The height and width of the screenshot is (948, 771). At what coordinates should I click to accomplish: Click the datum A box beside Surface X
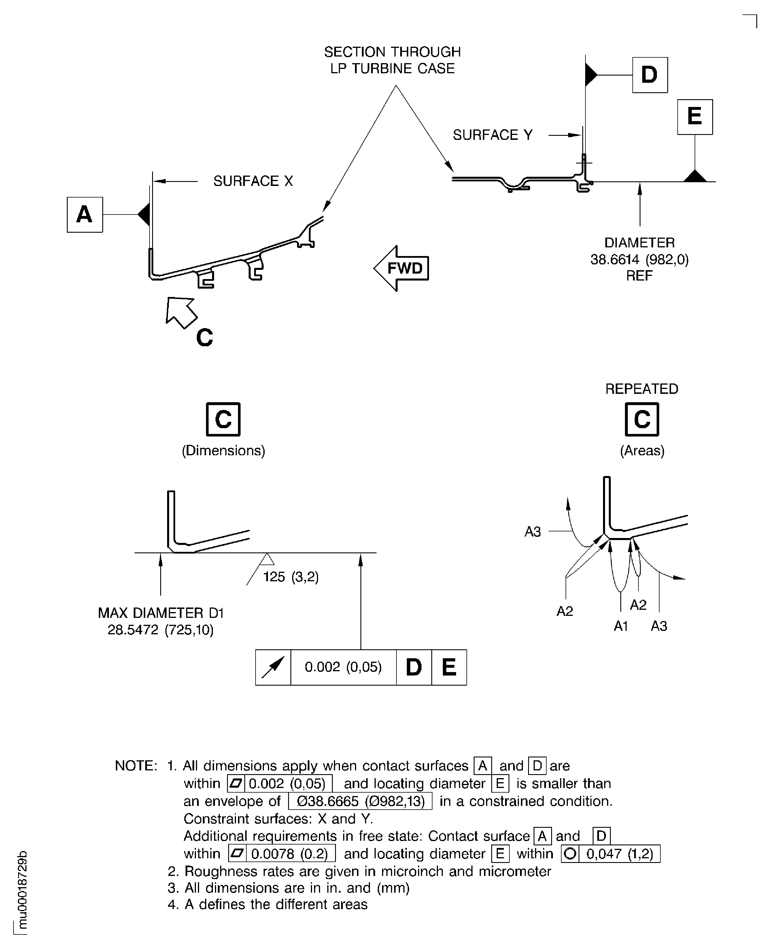(85, 215)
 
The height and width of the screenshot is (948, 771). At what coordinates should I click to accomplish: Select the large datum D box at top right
(650, 75)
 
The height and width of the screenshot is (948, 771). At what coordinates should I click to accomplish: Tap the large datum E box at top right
(695, 117)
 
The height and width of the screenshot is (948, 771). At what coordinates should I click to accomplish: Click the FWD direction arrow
(401, 268)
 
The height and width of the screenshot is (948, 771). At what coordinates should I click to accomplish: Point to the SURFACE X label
(253, 181)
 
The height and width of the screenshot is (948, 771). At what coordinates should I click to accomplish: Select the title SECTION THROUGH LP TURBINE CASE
(393, 60)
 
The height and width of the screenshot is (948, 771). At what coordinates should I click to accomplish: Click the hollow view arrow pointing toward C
(181, 313)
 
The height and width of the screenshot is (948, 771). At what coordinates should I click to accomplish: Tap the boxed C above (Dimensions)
(223, 419)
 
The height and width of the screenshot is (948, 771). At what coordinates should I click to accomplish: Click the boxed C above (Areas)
(642, 419)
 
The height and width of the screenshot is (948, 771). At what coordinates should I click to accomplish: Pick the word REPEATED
(642, 389)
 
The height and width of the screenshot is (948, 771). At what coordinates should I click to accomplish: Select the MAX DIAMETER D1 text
(161, 613)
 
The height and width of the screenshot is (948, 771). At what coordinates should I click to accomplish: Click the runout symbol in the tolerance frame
(273, 667)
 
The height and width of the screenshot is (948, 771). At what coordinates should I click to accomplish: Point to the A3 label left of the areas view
(533, 532)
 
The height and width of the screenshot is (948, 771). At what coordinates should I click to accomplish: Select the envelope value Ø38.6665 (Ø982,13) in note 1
(360, 801)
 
